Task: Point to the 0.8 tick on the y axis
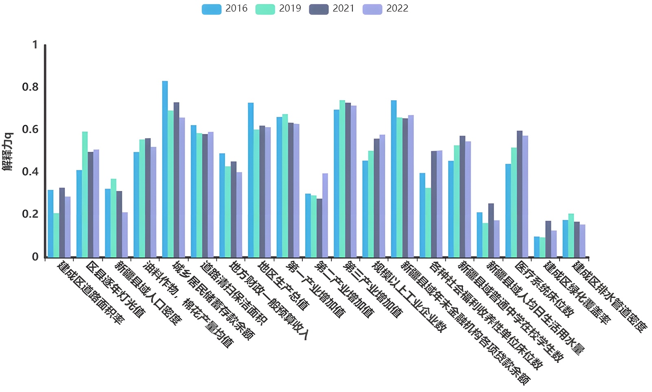[x=30, y=87]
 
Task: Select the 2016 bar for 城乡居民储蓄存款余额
[x=165, y=169]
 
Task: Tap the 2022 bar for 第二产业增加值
[x=325, y=215]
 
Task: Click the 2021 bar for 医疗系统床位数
[x=520, y=194]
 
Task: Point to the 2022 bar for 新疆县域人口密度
[x=125, y=235]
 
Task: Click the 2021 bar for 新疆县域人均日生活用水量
[x=491, y=230]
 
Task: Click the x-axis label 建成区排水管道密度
[x=609, y=297]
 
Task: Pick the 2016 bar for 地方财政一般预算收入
[x=222, y=205]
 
